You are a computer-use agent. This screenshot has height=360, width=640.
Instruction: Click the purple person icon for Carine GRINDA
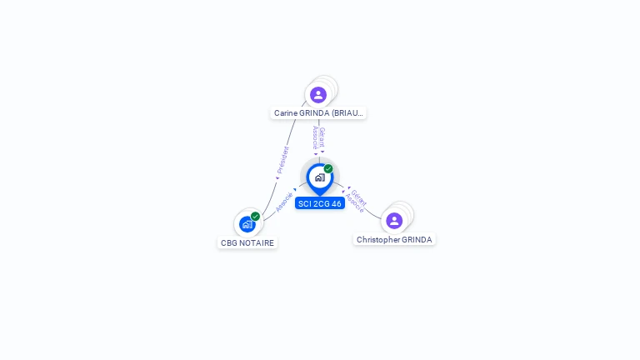[318, 95]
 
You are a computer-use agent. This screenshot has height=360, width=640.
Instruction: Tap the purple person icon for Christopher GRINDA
[394, 221]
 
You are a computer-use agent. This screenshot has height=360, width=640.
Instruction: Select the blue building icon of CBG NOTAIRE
[247, 224]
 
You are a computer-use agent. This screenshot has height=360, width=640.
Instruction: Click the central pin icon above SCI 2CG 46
[320, 179]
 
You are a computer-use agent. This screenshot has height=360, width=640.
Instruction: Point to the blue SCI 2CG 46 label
[320, 203]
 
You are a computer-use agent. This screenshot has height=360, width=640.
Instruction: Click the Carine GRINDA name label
[318, 113]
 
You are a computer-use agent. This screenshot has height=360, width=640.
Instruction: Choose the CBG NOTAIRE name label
[247, 242]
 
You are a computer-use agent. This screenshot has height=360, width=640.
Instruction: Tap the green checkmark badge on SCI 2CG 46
[328, 168]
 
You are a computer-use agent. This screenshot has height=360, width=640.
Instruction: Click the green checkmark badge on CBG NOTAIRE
[255, 217]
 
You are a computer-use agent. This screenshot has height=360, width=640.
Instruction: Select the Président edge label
[282, 160]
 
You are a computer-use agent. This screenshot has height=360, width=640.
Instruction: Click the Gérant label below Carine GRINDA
[322, 137]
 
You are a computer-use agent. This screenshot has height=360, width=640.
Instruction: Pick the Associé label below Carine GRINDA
[315, 137]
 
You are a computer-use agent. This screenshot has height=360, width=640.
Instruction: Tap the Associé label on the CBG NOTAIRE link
[284, 202]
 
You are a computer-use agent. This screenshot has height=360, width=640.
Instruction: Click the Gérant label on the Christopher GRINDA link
[359, 198]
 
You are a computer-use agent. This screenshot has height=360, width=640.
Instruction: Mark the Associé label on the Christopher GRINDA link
[354, 203]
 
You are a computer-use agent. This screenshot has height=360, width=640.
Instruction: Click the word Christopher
[378, 240]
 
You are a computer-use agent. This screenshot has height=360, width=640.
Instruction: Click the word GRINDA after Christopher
[417, 240]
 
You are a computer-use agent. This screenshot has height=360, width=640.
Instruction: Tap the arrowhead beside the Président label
[277, 178]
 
